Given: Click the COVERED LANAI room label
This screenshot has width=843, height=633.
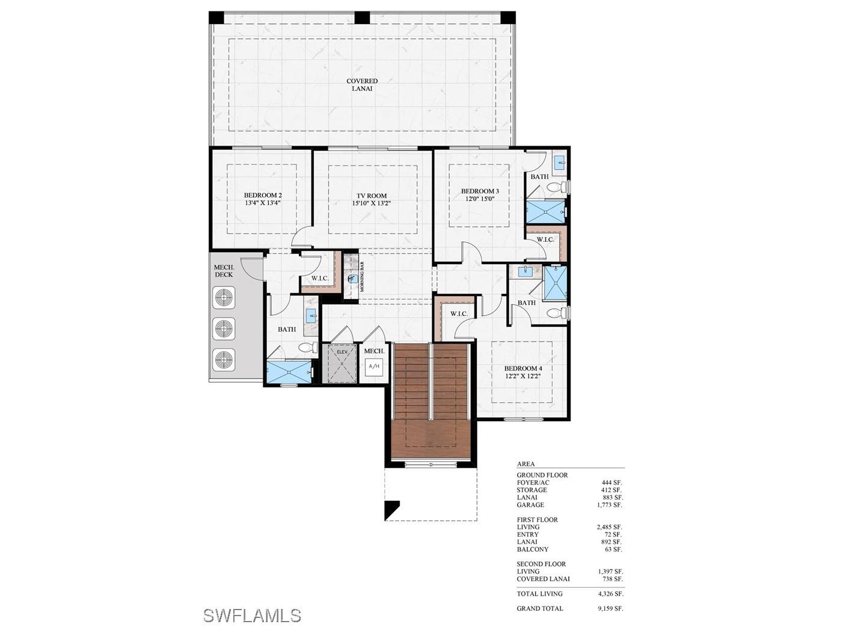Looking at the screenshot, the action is pyautogui.click(x=362, y=85).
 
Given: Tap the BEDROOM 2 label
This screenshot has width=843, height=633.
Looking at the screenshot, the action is pyautogui.click(x=263, y=195).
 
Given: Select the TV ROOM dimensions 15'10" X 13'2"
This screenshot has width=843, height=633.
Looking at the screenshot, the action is pyautogui.click(x=371, y=203).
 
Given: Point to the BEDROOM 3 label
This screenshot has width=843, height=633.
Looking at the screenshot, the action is pyautogui.click(x=480, y=191).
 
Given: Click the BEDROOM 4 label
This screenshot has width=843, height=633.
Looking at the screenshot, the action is pyautogui.click(x=523, y=368).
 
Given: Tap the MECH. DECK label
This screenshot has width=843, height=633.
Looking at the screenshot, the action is pyautogui.click(x=224, y=271).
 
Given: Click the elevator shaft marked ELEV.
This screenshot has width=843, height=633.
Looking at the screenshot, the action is pyautogui.click(x=342, y=363).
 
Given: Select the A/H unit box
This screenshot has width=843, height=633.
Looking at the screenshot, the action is pyautogui.click(x=374, y=366).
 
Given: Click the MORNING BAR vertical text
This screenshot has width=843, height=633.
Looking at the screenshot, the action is pyautogui.click(x=362, y=276).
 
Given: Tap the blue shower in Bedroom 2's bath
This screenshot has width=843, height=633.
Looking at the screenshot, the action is pyautogui.click(x=289, y=372).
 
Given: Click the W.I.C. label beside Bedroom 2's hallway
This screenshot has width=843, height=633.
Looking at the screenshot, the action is pyautogui.click(x=320, y=278).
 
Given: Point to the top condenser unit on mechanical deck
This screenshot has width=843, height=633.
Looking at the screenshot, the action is pyautogui.click(x=224, y=297).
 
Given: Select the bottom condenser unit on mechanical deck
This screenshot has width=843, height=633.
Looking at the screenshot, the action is pyautogui.click(x=224, y=360).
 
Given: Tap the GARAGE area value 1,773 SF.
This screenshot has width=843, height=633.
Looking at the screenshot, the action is pyautogui.click(x=610, y=505).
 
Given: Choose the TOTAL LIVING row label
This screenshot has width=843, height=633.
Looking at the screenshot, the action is pyautogui.click(x=539, y=593).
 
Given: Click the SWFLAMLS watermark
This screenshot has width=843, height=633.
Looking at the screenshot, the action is pyautogui.click(x=252, y=616).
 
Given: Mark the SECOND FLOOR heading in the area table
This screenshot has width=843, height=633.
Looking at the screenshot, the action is pyautogui.click(x=541, y=564).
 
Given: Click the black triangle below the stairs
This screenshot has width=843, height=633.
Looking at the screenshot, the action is pyautogui.click(x=390, y=508).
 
